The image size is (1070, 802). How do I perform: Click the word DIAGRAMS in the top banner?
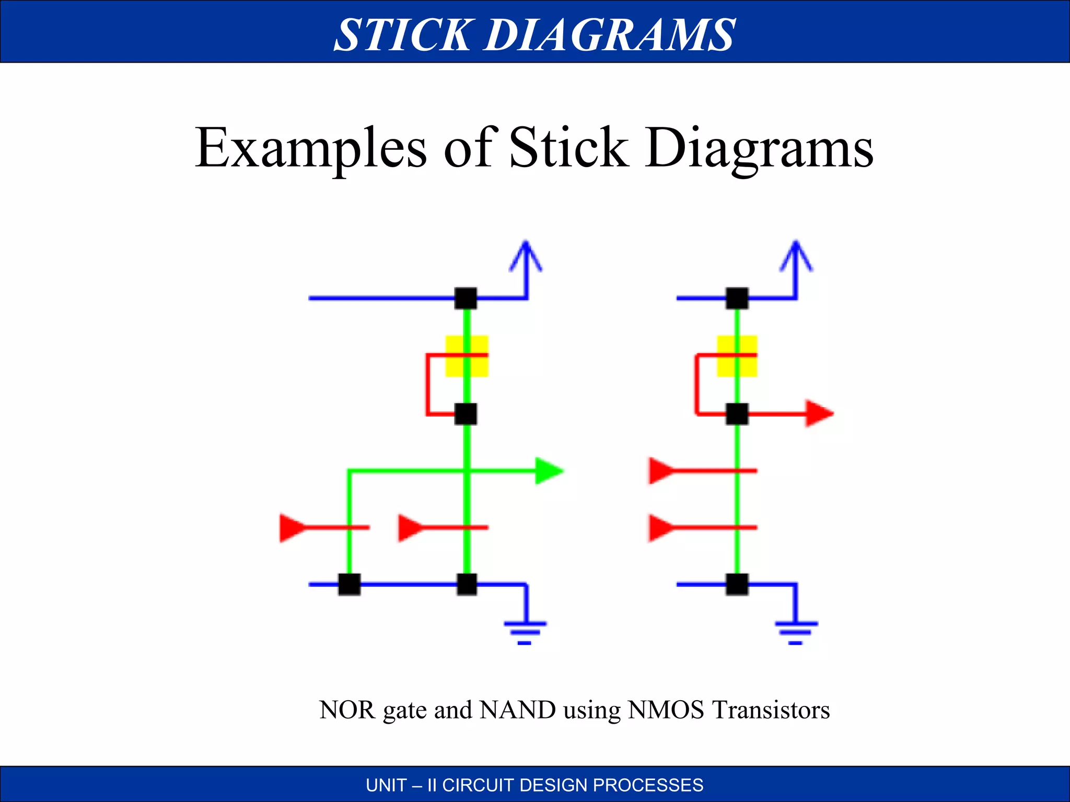[610, 34]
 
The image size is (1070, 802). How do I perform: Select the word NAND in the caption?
[517, 710]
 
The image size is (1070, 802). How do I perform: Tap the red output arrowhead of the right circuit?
[820, 414]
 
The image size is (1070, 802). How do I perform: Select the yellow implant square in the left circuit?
[467, 356]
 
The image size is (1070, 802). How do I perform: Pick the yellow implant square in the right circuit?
[737, 356]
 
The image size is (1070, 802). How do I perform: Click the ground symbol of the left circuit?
[525, 633]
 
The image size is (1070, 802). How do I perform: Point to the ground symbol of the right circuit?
[796, 633]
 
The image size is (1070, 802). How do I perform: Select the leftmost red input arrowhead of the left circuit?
[293, 528]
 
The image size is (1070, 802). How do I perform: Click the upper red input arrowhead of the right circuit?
[662, 471]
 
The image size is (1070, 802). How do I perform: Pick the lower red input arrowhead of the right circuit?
[662, 528]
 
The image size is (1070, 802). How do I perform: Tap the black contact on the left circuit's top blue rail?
[466, 299]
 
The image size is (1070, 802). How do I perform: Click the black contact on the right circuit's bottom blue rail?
[737, 584]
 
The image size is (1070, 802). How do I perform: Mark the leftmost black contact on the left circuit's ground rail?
[350, 584]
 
